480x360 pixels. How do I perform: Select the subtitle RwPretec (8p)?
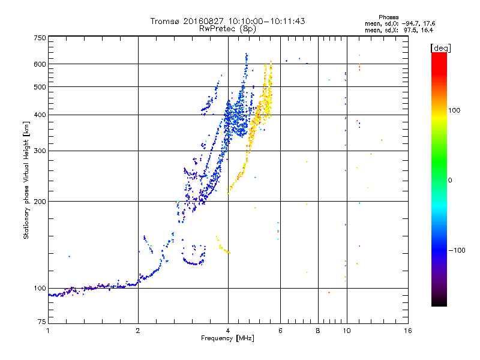227,29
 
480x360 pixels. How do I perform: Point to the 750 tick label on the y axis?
40,38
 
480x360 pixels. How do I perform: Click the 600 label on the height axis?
40,64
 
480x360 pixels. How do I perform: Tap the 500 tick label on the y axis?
40,87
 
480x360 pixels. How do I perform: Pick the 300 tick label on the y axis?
40,151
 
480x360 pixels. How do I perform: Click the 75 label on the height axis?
42,322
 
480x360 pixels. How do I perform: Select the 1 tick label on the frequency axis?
48,331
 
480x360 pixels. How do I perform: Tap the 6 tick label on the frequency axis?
280,331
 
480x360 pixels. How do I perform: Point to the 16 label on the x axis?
408,331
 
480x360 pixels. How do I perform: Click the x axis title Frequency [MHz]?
227,338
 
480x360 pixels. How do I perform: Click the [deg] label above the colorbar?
440,48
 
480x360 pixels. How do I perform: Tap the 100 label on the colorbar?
454,110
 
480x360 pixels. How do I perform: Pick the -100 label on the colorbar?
457,250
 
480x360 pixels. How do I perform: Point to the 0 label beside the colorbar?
450,180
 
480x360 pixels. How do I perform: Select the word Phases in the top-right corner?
388,17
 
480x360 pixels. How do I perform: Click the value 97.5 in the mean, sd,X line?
410,30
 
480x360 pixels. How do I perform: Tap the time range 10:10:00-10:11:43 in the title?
266,21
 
